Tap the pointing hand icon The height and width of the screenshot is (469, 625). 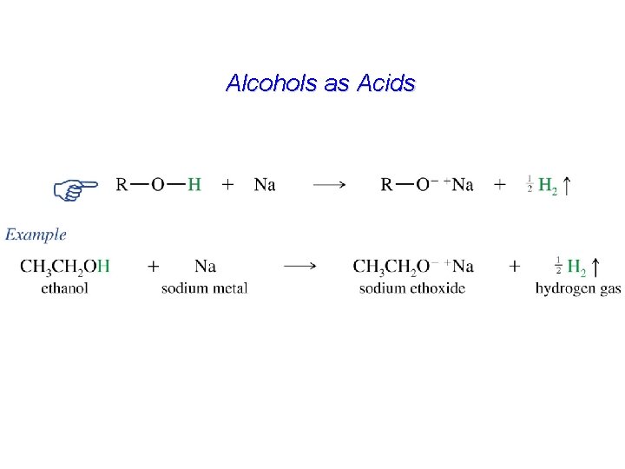tap(75, 188)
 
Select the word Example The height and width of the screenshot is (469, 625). tap(36, 234)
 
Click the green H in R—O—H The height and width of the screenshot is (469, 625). tap(194, 184)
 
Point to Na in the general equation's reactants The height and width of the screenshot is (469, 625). tap(265, 184)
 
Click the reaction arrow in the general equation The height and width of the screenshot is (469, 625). tap(330, 184)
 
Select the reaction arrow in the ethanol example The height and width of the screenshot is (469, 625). tap(299, 266)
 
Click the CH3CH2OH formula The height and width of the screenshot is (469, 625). tap(64, 266)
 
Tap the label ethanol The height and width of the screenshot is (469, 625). tap(64, 287)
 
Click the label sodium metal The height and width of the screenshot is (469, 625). tap(204, 287)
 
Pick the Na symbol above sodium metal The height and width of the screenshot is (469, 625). tap(205, 266)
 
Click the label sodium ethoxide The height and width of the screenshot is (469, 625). tap(411, 287)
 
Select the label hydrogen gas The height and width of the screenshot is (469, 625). tap(578, 287)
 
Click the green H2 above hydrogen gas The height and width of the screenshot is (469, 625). tap(576, 267)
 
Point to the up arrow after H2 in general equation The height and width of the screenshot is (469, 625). tap(567, 184)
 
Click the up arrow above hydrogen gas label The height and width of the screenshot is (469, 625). tap(595, 266)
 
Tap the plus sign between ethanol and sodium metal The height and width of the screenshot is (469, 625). tap(154, 266)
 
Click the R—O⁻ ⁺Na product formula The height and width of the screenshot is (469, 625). tap(427, 184)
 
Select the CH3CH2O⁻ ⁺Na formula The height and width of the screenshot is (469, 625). tap(413, 266)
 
